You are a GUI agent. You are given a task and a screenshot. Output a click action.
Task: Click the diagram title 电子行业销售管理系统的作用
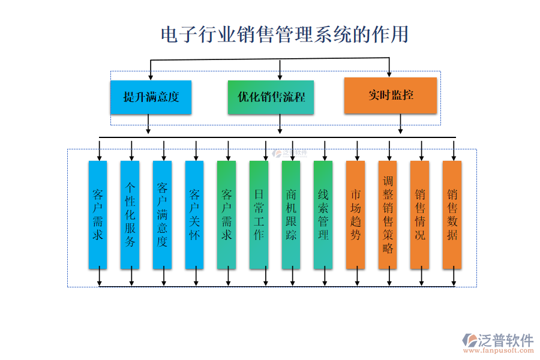[x=284, y=34]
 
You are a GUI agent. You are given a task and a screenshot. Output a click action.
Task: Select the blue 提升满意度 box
[x=151, y=97]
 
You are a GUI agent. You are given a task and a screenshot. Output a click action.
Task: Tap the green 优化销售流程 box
[x=271, y=97]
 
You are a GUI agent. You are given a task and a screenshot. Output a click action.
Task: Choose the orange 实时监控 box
[x=390, y=95]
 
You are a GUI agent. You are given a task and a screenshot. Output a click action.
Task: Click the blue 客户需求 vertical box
[x=98, y=214]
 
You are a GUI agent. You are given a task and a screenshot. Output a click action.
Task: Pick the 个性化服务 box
[x=130, y=214]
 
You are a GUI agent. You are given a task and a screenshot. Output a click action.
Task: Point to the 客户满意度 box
[x=162, y=214]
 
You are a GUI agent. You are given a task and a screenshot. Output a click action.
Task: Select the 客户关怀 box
[x=194, y=214]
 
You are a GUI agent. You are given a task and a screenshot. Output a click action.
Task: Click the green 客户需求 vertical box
[x=227, y=214]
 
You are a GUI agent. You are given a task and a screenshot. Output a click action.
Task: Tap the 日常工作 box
[x=259, y=214]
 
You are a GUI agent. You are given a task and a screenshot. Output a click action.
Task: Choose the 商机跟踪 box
[x=291, y=214]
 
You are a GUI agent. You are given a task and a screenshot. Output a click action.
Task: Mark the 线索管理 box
[x=323, y=214]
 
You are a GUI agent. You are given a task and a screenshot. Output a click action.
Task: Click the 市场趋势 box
[x=356, y=214]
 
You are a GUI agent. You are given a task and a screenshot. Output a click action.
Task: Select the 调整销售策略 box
[x=388, y=214]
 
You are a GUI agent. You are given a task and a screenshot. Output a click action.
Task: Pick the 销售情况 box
[x=420, y=214]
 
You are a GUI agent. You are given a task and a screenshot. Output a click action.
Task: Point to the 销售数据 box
[x=452, y=214]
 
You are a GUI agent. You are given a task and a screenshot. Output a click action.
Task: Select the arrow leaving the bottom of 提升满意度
[x=148, y=125]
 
